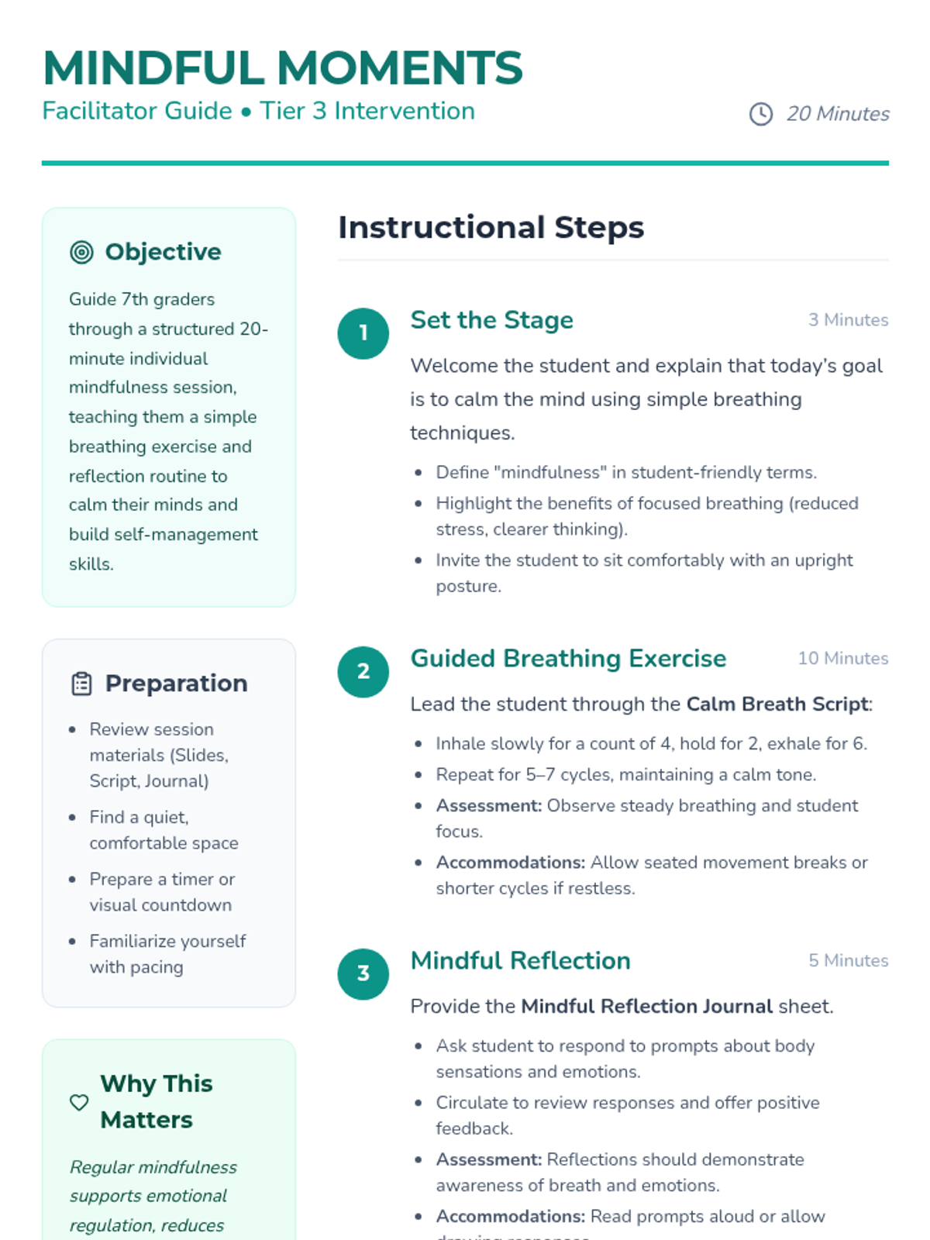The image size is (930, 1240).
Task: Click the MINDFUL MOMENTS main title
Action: pyautogui.click(x=283, y=67)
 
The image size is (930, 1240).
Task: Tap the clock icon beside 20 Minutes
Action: pyautogui.click(x=761, y=114)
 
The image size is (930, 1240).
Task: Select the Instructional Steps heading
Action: pyautogui.click(x=491, y=228)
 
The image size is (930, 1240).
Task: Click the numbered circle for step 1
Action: pyautogui.click(x=363, y=333)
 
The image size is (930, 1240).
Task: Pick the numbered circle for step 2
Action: pyautogui.click(x=363, y=671)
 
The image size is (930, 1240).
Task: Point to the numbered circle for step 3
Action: pyautogui.click(x=363, y=973)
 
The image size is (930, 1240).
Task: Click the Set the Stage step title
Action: pyautogui.click(x=491, y=320)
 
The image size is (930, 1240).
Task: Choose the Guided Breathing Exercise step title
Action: pyautogui.click(x=568, y=659)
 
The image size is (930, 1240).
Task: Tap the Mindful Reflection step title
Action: pyautogui.click(x=520, y=961)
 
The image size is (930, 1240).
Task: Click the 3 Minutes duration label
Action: pyautogui.click(x=848, y=320)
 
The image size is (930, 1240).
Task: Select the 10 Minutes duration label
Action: pyautogui.click(x=842, y=659)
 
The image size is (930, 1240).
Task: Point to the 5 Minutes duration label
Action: pyautogui.click(x=848, y=961)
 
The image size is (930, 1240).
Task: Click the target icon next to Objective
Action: pyautogui.click(x=81, y=252)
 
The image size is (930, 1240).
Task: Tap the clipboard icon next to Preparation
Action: pyautogui.click(x=81, y=684)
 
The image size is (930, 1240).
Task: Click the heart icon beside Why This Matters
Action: pyautogui.click(x=79, y=1102)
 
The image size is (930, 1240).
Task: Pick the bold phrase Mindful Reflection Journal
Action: pyautogui.click(x=646, y=1007)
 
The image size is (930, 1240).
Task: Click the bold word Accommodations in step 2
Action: pyautogui.click(x=510, y=863)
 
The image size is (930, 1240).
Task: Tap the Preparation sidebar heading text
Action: pyautogui.click(x=176, y=684)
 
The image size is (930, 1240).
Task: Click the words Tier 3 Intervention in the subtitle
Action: pyautogui.click(x=367, y=112)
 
